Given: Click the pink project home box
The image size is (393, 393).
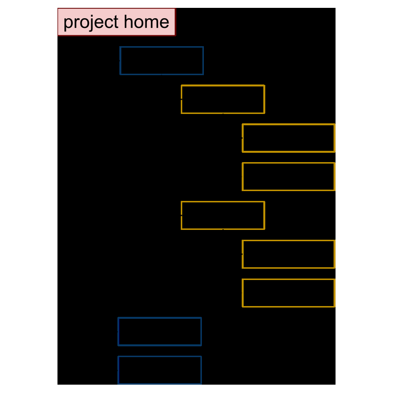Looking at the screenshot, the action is tap(116, 22).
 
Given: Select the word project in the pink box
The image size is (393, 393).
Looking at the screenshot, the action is tap(91, 23).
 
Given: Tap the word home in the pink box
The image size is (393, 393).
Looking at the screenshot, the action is tap(146, 22).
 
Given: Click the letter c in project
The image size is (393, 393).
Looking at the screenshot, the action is tap(109, 23).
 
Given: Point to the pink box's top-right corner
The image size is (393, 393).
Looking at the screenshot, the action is tap(176, 8).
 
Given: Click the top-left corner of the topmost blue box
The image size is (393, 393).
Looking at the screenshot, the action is tap(120, 47).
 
